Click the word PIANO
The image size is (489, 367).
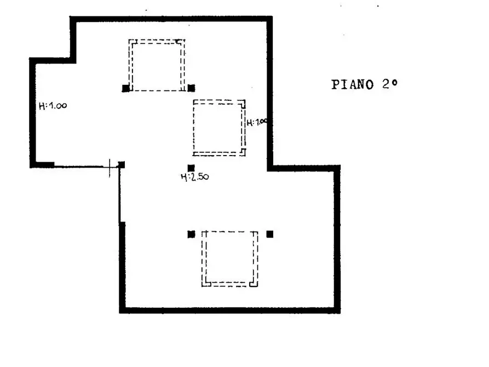[352, 84]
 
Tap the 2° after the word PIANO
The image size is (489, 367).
[390, 84]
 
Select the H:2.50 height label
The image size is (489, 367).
[195, 177]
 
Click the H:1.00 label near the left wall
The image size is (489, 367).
[53, 106]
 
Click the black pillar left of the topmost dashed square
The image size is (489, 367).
[126, 88]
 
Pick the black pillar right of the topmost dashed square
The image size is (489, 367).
[191, 88]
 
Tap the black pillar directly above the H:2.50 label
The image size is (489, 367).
[191, 168]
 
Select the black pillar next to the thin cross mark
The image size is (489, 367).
[122, 165]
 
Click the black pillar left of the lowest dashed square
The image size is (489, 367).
[191, 234]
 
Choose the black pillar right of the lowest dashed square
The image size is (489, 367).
[270, 234]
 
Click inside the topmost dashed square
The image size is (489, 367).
[157, 65]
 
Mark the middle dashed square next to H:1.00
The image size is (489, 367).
[219, 128]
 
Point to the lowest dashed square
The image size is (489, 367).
[229, 259]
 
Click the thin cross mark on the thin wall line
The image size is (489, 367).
[110, 168]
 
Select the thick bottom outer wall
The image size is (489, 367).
[229, 310]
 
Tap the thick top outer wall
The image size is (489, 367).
[171, 19]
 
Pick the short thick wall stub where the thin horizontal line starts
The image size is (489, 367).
[45, 165]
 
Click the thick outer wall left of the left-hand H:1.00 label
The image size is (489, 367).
[32, 113]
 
